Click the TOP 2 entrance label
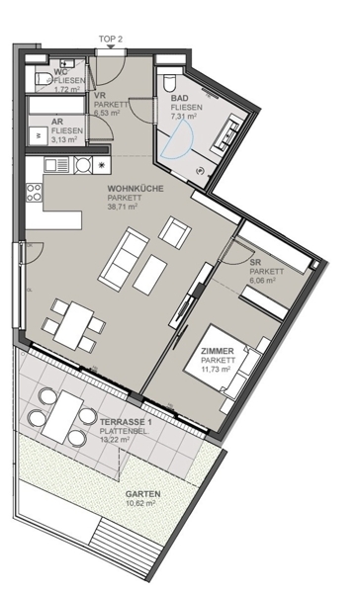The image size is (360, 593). (111, 39)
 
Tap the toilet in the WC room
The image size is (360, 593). (44, 79)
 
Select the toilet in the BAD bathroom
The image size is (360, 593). (168, 82)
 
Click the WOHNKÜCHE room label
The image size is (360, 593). (135, 189)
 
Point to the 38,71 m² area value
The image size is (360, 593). (122, 207)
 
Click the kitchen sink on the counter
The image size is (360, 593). (56, 165)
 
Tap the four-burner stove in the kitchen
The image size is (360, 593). (34, 193)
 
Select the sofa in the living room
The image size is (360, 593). (123, 256)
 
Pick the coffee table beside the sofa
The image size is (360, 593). (150, 275)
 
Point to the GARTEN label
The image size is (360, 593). (143, 494)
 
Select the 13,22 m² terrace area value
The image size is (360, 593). (115, 439)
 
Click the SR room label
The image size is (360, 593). (256, 262)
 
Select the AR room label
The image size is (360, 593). (58, 123)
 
